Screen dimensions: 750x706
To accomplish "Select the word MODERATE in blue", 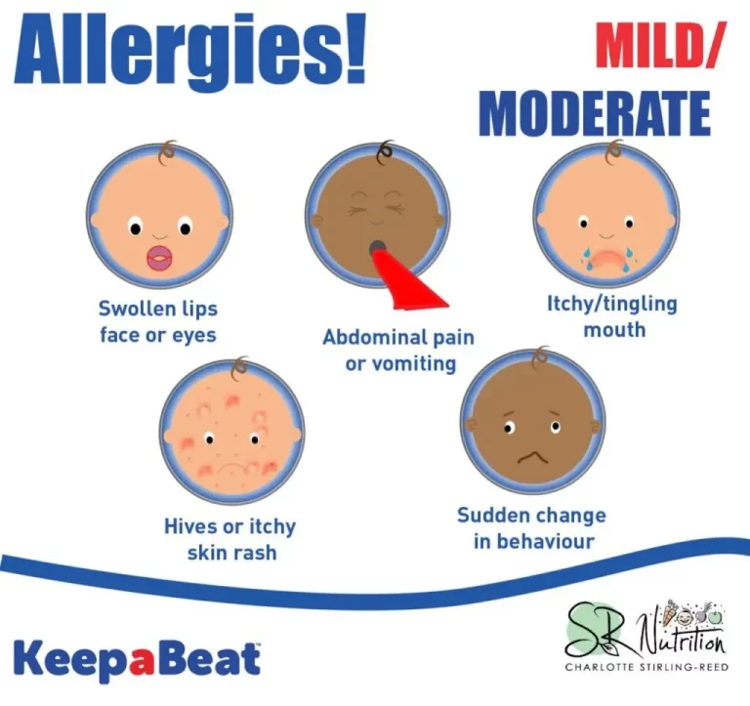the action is pos(595,113).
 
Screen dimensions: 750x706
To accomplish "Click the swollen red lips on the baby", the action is pos(160,259).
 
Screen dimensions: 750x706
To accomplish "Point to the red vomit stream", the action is pos(409,280).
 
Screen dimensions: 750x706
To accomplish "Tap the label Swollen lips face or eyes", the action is pos(158,321).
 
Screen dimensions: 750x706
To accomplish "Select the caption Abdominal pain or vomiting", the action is pos(398,351).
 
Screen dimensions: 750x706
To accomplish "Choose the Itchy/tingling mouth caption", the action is pos(612,316).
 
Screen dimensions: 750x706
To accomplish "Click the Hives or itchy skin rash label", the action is pos(230,539).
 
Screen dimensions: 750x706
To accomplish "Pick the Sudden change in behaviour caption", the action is pos(532,528).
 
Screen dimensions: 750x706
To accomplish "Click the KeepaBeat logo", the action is pos(138,660).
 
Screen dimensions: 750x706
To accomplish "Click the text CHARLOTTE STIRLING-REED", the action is pos(646,667).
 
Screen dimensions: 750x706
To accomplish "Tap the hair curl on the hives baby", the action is pos(239,367).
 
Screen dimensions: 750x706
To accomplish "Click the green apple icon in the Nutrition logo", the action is pos(715,616).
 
